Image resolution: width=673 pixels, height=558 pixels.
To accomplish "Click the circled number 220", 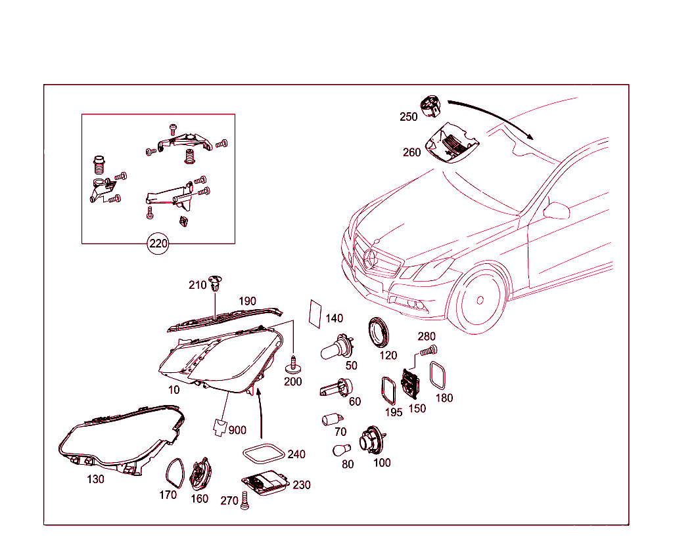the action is (158, 244).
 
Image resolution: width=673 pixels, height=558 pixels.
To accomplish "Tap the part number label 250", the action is (408, 117).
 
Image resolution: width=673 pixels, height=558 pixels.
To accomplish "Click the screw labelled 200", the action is (293, 364).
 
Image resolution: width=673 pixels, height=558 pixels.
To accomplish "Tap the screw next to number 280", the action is (429, 351).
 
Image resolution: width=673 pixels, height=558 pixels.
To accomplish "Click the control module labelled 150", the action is (411, 383).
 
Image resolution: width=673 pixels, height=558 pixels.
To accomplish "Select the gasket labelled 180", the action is (438, 376).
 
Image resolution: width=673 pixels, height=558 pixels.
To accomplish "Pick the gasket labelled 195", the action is (388, 391).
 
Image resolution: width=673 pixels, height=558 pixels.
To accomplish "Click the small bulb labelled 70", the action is (332, 419).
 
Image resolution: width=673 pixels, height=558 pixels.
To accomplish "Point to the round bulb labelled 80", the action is (341, 450).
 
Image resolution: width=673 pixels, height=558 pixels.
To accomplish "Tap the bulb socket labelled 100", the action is (373, 440).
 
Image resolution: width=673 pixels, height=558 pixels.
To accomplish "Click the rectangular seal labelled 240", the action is (264, 454).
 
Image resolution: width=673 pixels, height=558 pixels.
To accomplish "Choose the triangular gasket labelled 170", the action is (175, 473).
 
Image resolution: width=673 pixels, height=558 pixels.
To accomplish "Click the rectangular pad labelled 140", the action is (315, 314).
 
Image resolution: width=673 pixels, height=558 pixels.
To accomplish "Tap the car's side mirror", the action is (556, 210).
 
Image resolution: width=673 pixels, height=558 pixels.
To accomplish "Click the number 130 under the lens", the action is (95, 479).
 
